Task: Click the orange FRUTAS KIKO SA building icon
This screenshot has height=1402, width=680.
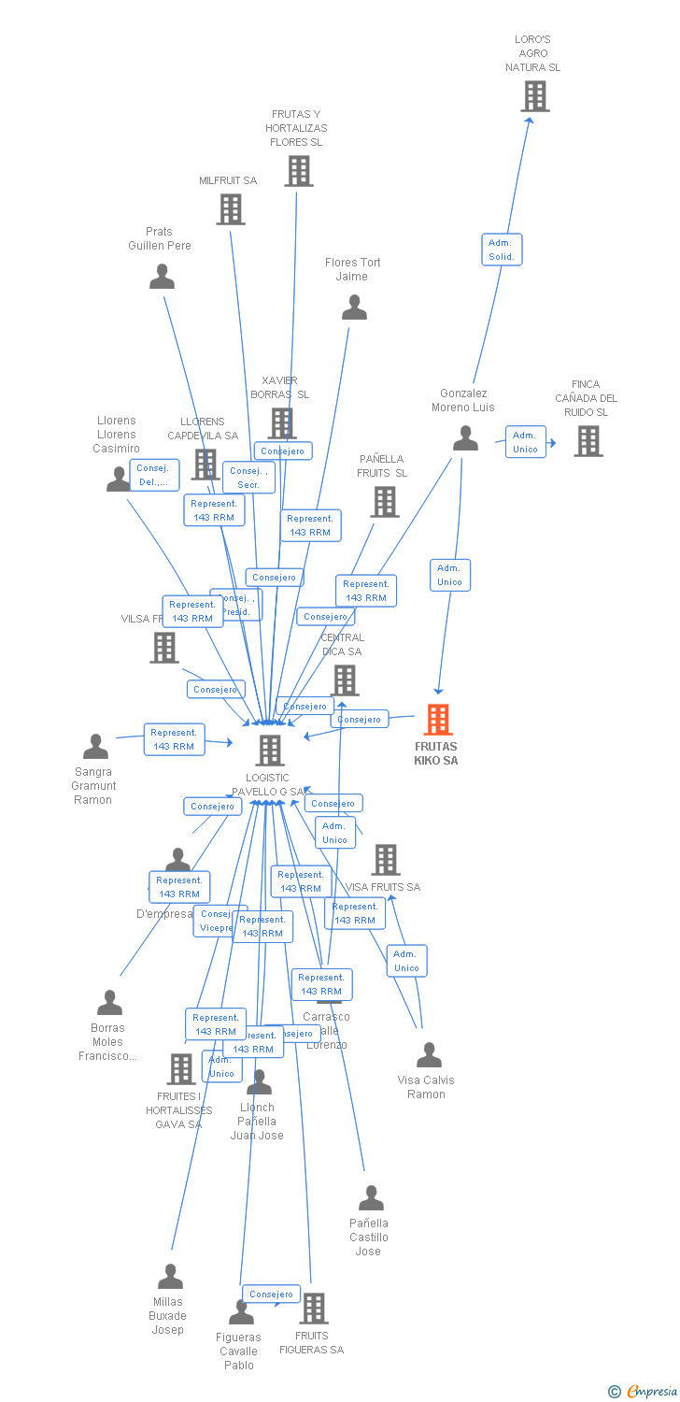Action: [x=438, y=720]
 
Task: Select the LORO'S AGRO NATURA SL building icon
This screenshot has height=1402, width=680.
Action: [x=535, y=96]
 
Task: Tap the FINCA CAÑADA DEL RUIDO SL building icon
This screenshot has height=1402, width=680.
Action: [x=588, y=441]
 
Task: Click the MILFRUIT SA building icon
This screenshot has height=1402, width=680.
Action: [x=231, y=209]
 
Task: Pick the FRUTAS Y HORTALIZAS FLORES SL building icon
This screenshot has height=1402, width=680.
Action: [x=298, y=171]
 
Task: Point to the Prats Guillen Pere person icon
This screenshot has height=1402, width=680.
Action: [x=163, y=277]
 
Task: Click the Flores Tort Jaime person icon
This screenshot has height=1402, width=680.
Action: [x=354, y=308]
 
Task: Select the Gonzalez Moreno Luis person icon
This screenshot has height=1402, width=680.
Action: [x=465, y=438]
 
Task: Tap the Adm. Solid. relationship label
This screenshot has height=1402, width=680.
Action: [x=502, y=250]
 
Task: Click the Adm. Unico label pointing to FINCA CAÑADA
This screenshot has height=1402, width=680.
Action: [x=525, y=442]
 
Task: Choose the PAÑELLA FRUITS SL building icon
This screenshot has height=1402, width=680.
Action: [x=384, y=502]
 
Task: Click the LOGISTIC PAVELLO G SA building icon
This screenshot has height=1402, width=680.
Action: [x=270, y=750]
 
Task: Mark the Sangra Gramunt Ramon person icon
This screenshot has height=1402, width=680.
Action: [x=95, y=747]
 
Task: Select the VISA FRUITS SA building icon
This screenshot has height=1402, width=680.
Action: [x=386, y=860]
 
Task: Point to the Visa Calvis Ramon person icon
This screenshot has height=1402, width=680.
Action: [x=429, y=1055]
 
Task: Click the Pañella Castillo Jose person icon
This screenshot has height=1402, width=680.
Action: [x=371, y=1198]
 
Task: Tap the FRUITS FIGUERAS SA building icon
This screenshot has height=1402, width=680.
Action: [x=314, y=1309]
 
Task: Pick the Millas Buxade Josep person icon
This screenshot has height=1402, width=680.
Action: [x=170, y=1277]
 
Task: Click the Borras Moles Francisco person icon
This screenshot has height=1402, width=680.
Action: [x=109, y=1003]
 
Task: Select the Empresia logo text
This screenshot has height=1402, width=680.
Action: [x=650, y=1392]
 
